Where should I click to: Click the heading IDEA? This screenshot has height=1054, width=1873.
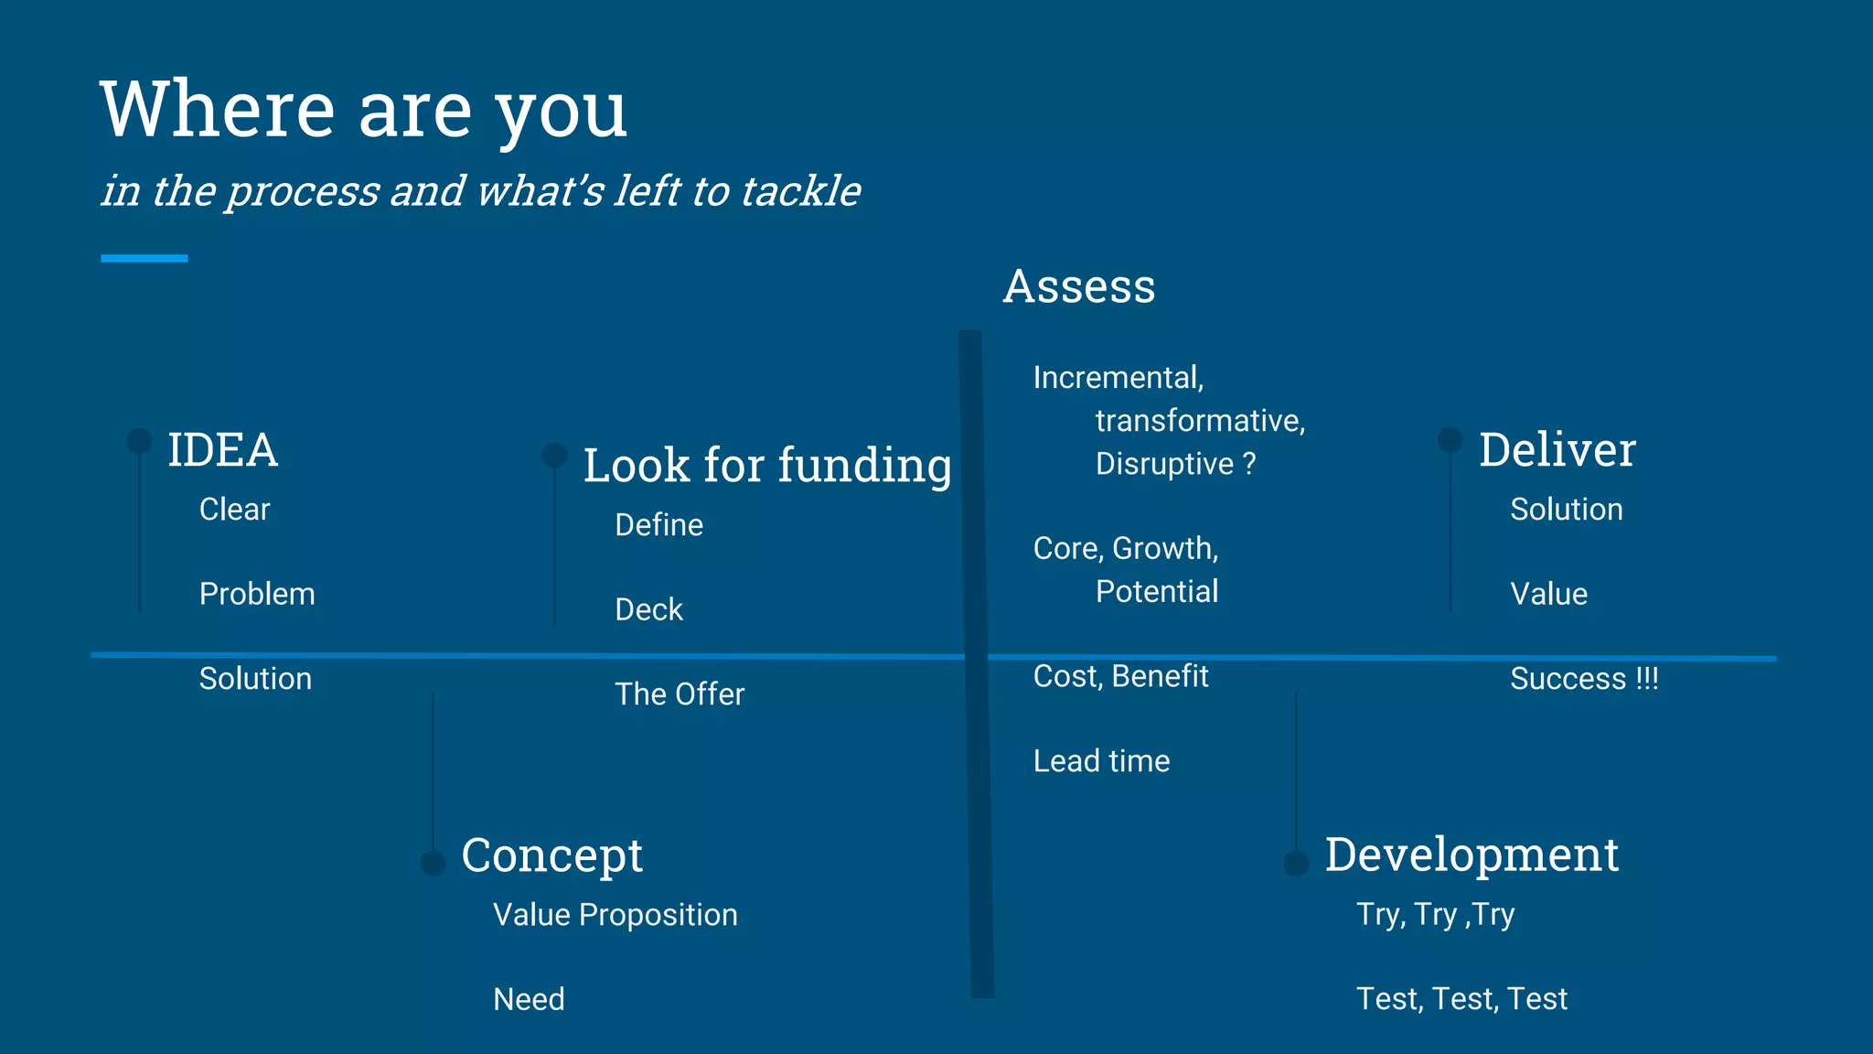(x=222, y=450)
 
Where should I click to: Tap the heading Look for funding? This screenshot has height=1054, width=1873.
(x=766, y=465)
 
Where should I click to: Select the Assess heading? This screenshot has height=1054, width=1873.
(x=1079, y=286)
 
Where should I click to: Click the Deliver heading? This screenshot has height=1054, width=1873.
(x=1557, y=449)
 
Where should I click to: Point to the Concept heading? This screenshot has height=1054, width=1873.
(x=551, y=855)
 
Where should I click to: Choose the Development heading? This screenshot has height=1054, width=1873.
(x=1472, y=855)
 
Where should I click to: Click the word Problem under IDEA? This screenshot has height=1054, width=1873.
(x=257, y=594)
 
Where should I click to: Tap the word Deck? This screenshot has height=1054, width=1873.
(x=648, y=609)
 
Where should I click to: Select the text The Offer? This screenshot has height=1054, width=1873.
(x=680, y=694)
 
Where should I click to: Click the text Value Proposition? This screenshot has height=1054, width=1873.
(x=615, y=915)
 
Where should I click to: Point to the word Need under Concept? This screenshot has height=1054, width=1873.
(x=529, y=999)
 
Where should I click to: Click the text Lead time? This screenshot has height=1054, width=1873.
(x=1101, y=761)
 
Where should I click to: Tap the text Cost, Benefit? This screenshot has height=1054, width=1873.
(x=1120, y=676)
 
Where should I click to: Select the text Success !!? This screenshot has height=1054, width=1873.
(x=1584, y=679)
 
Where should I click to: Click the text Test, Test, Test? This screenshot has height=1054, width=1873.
(x=1461, y=999)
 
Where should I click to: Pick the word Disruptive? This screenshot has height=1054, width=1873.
(x=1164, y=464)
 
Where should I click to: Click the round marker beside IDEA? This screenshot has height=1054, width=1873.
(x=139, y=440)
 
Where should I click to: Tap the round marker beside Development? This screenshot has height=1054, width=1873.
(x=1296, y=862)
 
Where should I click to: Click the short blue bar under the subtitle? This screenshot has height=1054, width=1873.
(x=144, y=258)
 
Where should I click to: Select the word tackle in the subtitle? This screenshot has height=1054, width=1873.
(x=800, y=191)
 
